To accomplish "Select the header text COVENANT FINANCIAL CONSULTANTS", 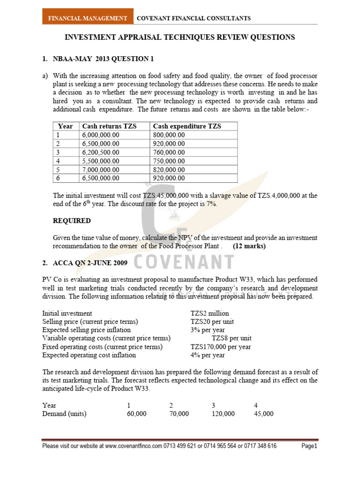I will (x=193, y=18).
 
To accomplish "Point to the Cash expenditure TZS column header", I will (x=187, y=126).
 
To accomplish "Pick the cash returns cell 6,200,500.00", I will (x=101, y=152).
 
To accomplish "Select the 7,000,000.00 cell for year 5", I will (x=101, y=170).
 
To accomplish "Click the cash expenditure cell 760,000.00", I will (x=169, y=152).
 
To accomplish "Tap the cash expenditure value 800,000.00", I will (x=169, y=135).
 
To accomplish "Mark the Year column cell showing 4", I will (x=58, y=161).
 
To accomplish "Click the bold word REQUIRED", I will (x=72, y=221).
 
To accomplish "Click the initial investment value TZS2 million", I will (x=210, y=313).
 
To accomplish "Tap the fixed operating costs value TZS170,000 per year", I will (x=220, y=347).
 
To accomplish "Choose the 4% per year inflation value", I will (x=208, y=355).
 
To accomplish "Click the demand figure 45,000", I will (x=264, y=414).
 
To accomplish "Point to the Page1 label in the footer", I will (x=309, y=446).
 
